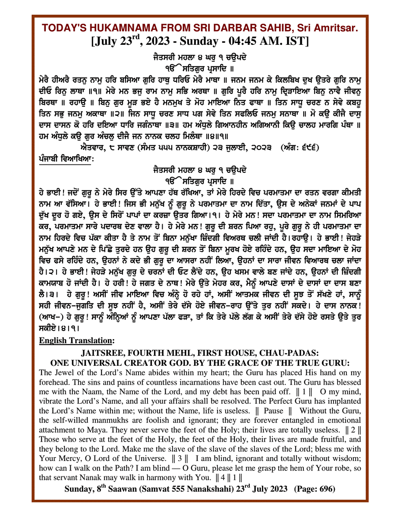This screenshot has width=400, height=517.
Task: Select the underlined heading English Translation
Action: pos(76,341)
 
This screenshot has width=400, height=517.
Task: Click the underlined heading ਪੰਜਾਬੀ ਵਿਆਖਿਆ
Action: pos(64,159)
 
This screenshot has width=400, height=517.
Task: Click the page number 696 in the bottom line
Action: pos(327,489)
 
